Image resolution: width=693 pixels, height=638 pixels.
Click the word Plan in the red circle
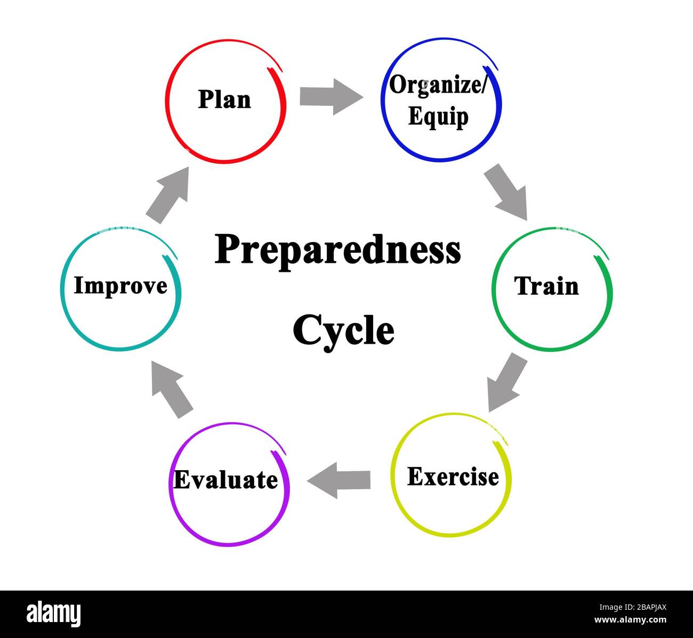coord(224,100)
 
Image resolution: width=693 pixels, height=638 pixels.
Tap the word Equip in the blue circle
coord(438,117)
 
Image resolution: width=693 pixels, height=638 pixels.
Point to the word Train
coord(546,286)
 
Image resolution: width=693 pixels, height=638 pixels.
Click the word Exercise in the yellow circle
coord(453,477)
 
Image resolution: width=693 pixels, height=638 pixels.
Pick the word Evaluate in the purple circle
coord(225,480)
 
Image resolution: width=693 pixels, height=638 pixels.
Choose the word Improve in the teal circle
coord(120,286)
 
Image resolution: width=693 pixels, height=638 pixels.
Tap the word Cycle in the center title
coord(343,330)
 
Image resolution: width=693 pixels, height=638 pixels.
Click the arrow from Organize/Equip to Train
coord(506,192)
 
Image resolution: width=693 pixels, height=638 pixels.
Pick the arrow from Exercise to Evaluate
coord(339,480)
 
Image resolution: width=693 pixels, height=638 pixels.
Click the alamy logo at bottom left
coord(54,613)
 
